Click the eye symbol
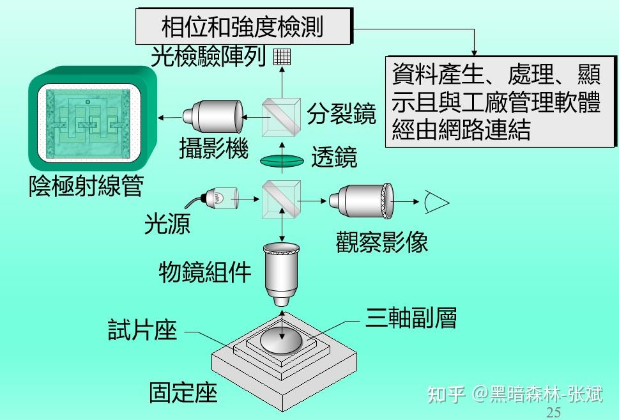point(437,203)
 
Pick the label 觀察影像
point(381,241)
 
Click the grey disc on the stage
point(282,340)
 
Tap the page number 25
point(554,412)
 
